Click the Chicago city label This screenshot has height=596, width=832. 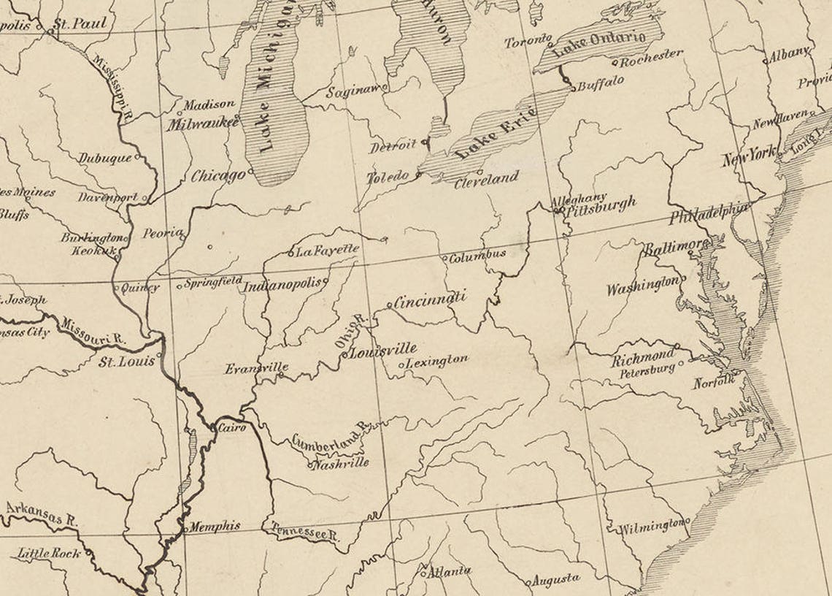(217, 176)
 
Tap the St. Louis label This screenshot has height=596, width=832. (127, 361)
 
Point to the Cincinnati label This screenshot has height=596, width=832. (430, 299)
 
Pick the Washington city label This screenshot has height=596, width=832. (642, 286)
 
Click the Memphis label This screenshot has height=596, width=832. (215, 525)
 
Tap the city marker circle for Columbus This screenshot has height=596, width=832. (444, 257)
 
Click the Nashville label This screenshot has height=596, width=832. (341, 462)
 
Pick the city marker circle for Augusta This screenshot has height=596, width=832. (528, 583)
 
